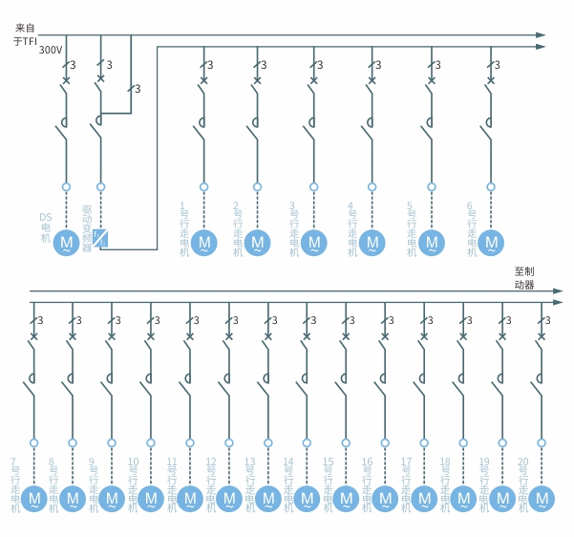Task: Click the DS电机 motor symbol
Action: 67,243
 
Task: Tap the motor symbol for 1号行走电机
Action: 203,243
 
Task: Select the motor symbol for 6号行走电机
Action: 492,243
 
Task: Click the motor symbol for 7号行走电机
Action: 33,498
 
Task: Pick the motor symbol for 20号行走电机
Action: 542,498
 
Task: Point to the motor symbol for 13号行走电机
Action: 267,498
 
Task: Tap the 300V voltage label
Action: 51,50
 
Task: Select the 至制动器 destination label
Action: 524,278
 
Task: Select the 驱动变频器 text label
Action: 87,227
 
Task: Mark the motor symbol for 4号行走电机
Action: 372,243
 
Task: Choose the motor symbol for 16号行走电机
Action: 385,498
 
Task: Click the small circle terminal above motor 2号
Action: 256,186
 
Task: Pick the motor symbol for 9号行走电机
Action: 111,498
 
